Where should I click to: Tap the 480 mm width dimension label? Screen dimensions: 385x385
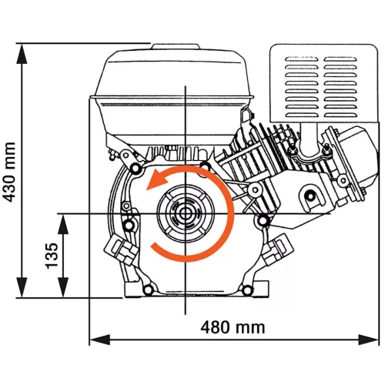233,326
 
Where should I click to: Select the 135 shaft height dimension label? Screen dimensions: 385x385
51,255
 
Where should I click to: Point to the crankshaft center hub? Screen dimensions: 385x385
186,213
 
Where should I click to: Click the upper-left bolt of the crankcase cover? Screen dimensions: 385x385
137,167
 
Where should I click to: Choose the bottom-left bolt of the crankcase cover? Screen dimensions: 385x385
145,290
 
